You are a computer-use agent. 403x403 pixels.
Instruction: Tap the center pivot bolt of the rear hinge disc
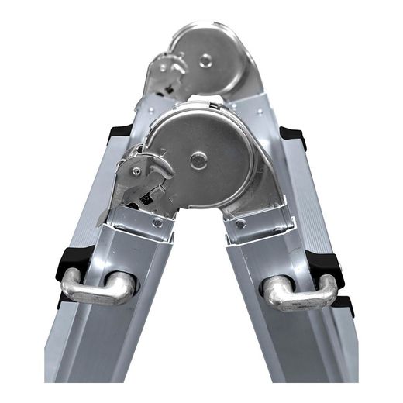point(205,60)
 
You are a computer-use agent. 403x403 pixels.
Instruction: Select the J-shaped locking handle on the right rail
point(300,293)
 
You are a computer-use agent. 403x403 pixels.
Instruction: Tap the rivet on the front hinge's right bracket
point(241,224)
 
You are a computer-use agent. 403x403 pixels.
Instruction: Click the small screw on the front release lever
point(137,171)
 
